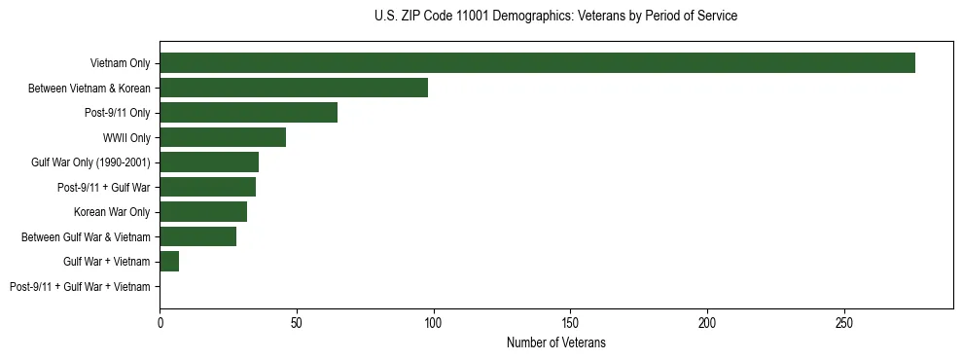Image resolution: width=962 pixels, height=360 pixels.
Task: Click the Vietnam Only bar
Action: coord(537,63)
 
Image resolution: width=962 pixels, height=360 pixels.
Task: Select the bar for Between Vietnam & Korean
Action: coord(294,89)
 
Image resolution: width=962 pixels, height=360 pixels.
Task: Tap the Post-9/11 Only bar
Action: coord(248,113)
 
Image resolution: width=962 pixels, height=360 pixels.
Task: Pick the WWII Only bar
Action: coord(223,137)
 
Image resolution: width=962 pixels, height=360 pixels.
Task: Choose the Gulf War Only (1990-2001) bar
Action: coord(209,162)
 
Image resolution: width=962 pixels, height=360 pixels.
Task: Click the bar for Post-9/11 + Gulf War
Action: coord(207,187)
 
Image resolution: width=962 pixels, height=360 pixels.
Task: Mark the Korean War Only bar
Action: coord(203,212)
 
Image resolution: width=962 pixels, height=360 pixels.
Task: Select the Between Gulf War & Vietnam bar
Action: coord(197,236)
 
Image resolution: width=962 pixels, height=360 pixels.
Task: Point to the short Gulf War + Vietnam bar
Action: coord(169,262)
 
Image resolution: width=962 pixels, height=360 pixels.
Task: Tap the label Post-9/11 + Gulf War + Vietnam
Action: coord(80,287)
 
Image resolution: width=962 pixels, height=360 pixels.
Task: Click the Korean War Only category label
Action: coord(112,212)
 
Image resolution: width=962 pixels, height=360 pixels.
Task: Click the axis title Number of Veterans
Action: coord(556,342)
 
